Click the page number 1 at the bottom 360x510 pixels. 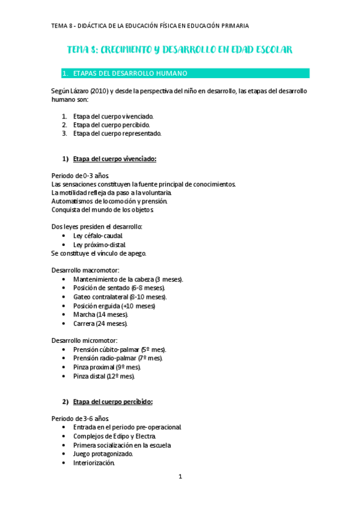(180, 477)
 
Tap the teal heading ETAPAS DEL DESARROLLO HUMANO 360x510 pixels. (130, 73)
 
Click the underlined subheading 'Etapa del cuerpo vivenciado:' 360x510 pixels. (115, 159)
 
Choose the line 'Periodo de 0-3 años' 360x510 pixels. (81, 176)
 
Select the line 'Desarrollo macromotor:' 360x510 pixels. (85, 271)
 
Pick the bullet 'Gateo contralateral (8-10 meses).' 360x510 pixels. (120, 297)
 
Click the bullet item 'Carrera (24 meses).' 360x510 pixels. (100, 323)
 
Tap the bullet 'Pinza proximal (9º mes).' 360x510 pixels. (107, 367)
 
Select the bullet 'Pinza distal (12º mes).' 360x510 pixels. (104, 376)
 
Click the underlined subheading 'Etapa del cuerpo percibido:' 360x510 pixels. (113, 401)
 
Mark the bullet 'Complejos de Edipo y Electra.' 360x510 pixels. (115, 436)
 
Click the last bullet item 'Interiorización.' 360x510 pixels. (94, 462)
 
